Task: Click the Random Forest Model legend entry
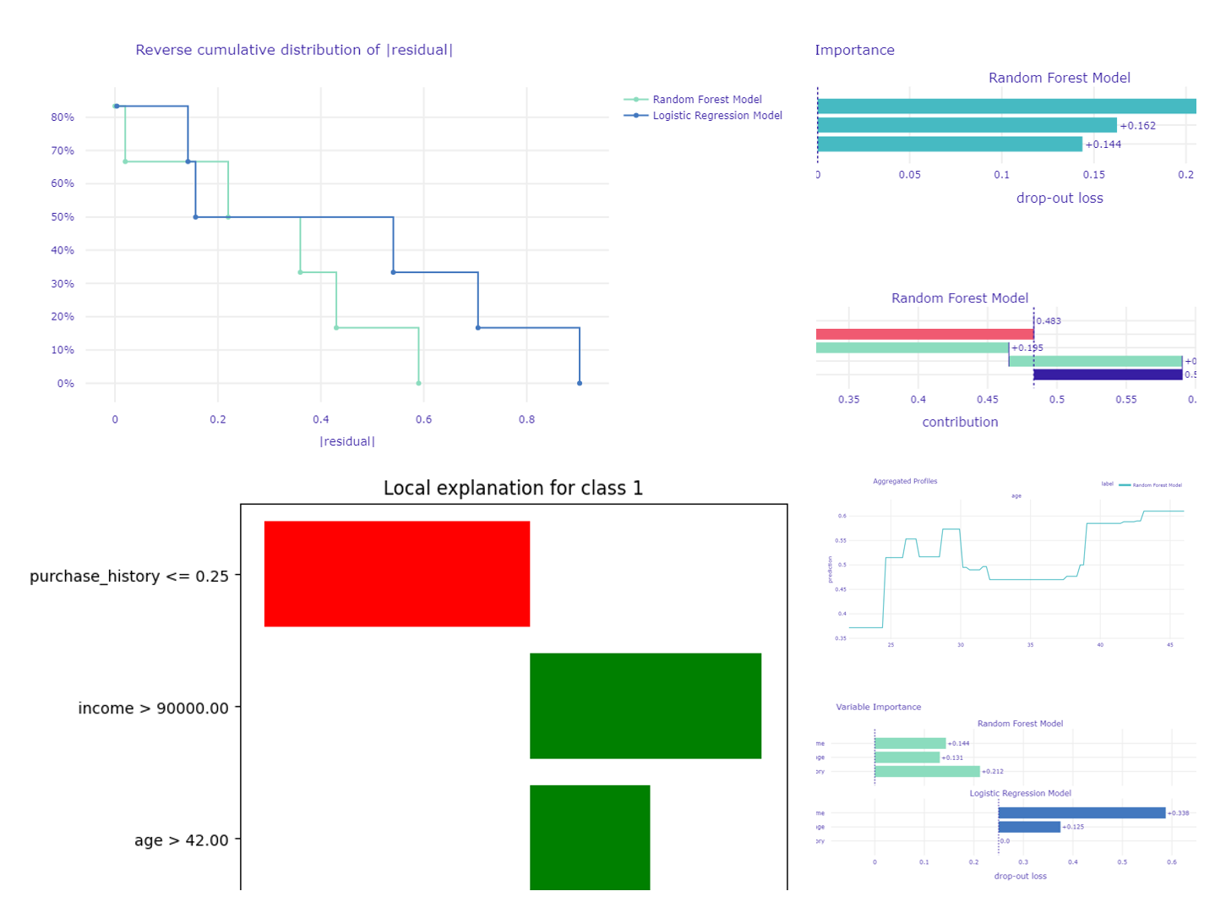[x=706, y=100]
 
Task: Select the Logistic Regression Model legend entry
[x=716, y=116]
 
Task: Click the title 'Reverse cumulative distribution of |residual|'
[x=294, y=50]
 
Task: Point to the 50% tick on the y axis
[x=63, y=217]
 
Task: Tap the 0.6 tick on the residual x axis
[x=423, y=419]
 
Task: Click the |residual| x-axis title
[x=347, y=441]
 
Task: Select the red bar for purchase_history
[x=396, y=574]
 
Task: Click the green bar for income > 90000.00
[x=645, y=706]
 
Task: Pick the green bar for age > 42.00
[x=589, y=837]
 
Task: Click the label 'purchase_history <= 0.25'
[x=129, y=577]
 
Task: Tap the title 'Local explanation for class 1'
[x=513, y=489]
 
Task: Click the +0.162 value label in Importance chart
[x=1137, y=126]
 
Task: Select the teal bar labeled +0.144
[x=949, y=145]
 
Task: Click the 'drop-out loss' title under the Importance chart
[x=1060, y=199]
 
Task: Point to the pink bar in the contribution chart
[x=924, y=335]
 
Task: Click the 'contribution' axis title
[x=960, y=422]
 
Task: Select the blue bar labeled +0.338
[x=1081, y=813]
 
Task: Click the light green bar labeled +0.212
[x=927, y=771]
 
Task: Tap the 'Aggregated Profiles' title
[x=905, y=481]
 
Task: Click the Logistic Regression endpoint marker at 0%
[x=580, y=384]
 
